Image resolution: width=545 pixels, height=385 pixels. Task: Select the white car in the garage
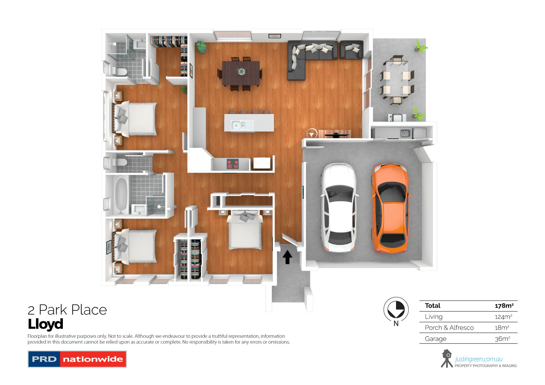pyautogui.click(x=339, y=207)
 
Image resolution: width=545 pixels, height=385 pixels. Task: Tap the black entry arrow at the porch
pyautogui.click(x=287, y=257)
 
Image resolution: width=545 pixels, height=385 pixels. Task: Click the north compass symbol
pyautogui.click(x=396, y=310)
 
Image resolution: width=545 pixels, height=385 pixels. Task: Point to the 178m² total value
pyautogui.click(x=504, y=306)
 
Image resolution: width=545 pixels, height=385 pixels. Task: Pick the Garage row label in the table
pyautogui.click(x=435, y=339)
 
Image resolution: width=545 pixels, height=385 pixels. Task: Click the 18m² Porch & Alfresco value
pyautogui.click(x=502, y=328)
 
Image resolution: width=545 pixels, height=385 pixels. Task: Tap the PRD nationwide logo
pyautogui.click(x=77, y=359)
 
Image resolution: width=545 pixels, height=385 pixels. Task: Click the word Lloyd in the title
pyautogui.click(x=45, y=324)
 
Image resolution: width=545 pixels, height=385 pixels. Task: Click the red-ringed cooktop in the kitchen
pyautogui.click(x=233, y=164)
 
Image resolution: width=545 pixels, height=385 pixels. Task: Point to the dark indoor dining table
pyautogui.click(x=241, y=73)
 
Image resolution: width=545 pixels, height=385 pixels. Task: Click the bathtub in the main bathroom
pyautogui.click(x=121, y=195)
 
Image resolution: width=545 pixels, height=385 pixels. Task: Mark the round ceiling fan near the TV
pyautogui.click(x=312, y=133)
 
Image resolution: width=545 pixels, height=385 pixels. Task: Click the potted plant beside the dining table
pyautogui.click(x=201, y=47)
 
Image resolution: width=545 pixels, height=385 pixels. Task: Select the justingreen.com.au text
pyautogui.click(x=479, y=359)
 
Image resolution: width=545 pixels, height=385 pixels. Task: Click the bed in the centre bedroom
pyautogui.click(x=245, y=230)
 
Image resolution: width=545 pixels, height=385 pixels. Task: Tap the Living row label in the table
pyautogui.click(x=433, y=317)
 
